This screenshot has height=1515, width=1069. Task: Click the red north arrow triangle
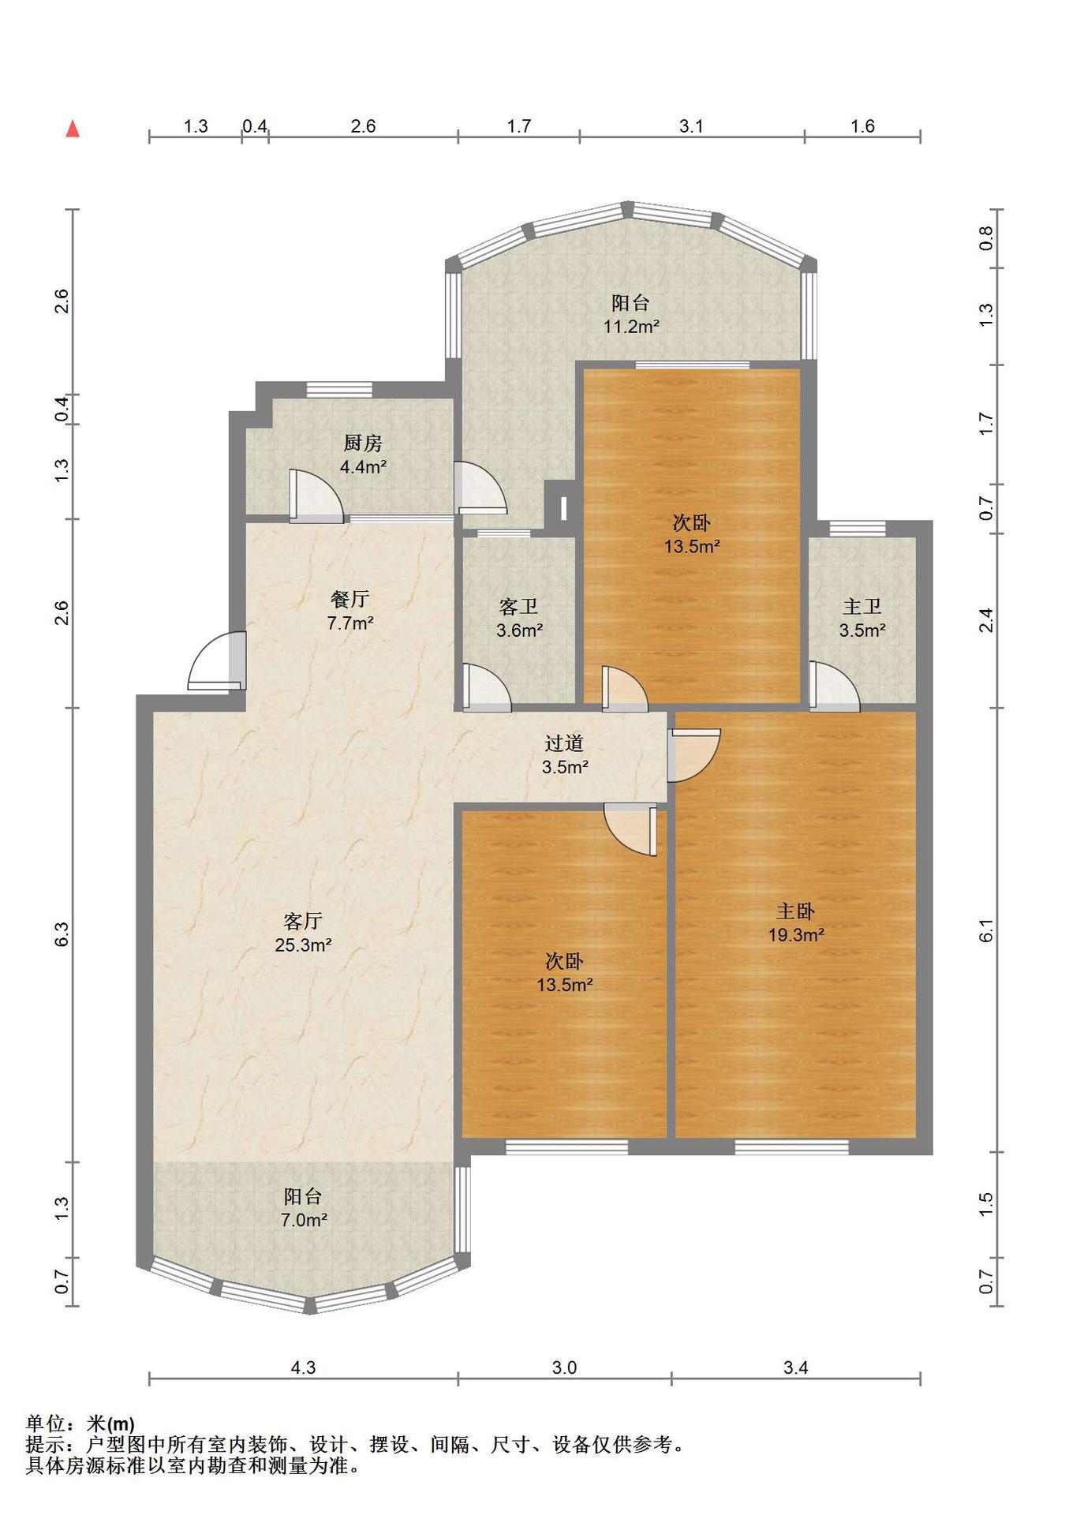pyautogui.click(x=73, y=129)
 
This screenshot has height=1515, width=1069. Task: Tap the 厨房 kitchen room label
pyautogui.click(x=363, y=443)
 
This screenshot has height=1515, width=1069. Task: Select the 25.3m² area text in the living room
pyautogui.click(x=303, y=945)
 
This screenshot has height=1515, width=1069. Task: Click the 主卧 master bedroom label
pyautogui.click(x=795, y=911)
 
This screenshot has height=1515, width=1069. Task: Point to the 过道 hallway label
pyautogui.click(x=564, y=743)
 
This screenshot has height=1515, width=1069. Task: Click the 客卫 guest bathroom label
pyautogui.click(x=519, y=607)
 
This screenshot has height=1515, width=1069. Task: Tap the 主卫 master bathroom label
pyautogui.click(x=862, y=607)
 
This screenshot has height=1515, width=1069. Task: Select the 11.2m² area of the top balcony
pyautogui.click(x=631, y=326)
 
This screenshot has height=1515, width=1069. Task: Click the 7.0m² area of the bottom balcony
pyautogui.click(x=304, y=1220)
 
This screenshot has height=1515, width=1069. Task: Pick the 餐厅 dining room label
pyautogui.click(x=349, y=599)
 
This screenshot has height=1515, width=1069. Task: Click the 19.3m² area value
pyautogui.click(x=796, y=935)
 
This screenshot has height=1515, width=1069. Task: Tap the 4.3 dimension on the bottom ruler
pyautogui.click(x=303, y=1367)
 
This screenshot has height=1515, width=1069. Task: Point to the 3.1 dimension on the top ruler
pyautogui.click(x=691, y=126)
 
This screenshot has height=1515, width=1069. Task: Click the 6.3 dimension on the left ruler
pyautogui.click(x=62, y=934)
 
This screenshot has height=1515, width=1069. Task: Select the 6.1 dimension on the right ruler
pyautogui.click(x=986, y=931)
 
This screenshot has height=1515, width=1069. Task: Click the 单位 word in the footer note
pyautogui.click(x=44, y=1424)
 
